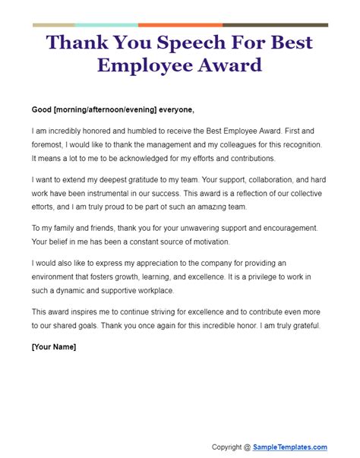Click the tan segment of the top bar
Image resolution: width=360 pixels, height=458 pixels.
(x=54, y=25)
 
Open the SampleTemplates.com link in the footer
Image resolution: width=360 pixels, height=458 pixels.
(x=291, y=447)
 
